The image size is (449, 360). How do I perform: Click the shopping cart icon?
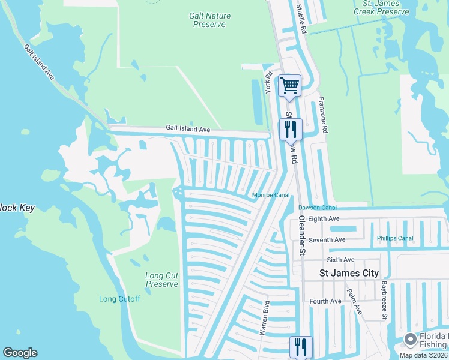coord(289,85)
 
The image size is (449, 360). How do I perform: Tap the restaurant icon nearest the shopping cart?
coord(289,128)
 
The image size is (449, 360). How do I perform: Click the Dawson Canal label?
coord(318,208)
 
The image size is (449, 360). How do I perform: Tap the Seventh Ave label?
coord(327,239)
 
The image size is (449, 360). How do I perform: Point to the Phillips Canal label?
coord(395,238)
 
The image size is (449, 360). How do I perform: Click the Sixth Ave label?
coord(341,260)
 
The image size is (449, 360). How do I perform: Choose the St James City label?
coord(349,273)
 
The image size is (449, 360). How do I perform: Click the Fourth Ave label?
coord(325,301)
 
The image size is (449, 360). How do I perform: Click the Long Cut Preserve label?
coord(162,280)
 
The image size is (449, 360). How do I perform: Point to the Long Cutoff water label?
coord(119,299)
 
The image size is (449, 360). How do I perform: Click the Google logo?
coord(20,353)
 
